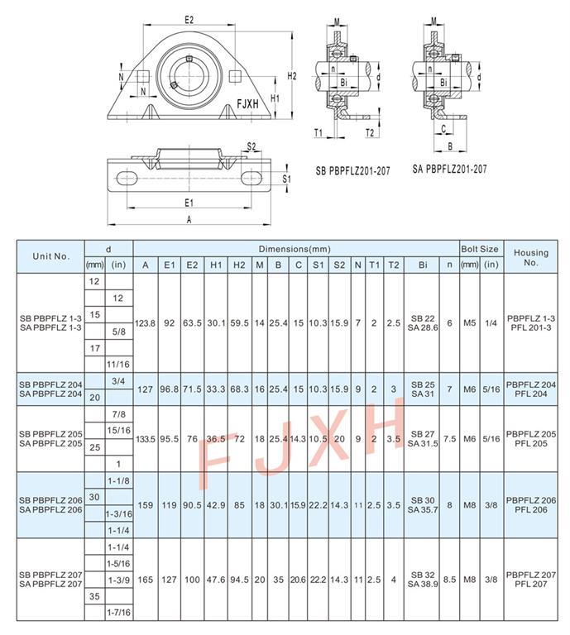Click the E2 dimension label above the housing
point(189,20)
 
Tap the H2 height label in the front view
point(292,76)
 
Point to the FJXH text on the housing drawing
point(247,104)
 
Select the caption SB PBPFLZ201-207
point(352,171)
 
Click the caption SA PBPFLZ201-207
point(450,169)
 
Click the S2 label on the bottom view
point(251,146)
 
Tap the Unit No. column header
point(50,256)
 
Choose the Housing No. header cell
point(530,257)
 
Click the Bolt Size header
point(480,249)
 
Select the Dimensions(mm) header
point(295,249)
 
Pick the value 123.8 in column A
point(145,323)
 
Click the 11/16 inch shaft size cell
point(118,365)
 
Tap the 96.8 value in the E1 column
point(170,389)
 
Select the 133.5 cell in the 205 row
point(146,439)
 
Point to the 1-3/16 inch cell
point(118,514)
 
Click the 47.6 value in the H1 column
point(216,580)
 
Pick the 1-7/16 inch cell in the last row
point(118,613)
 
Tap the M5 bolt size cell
point(470,323)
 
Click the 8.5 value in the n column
point(449,580)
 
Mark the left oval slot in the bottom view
point(127,179)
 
